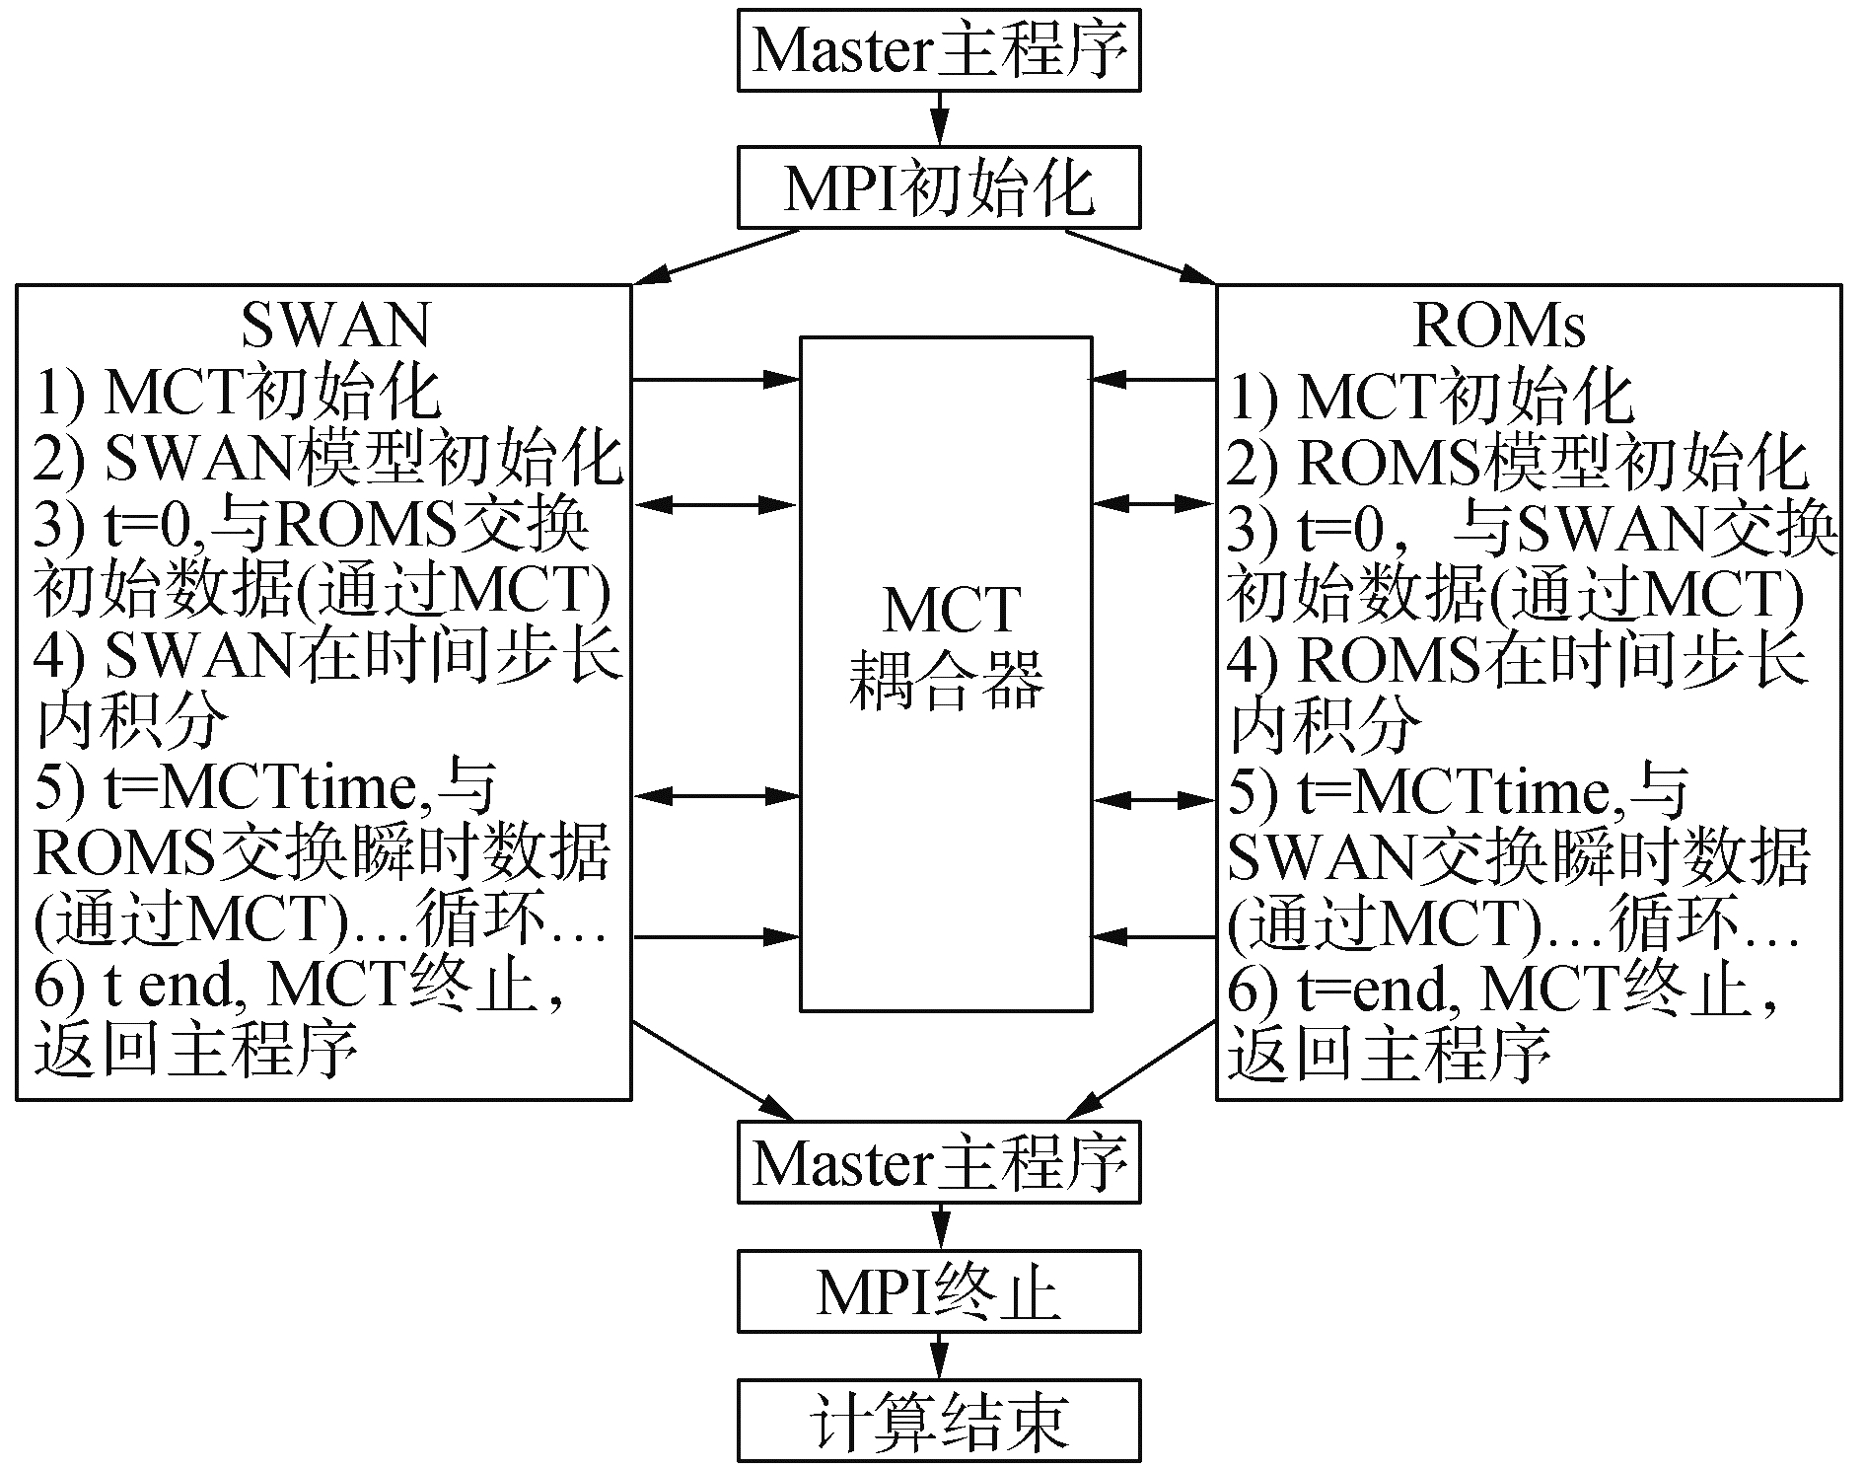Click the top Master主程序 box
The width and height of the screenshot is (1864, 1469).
[x=939, y=50]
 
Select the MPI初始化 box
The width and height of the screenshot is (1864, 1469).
[x=939, y=187]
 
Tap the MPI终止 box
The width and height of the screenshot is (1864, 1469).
[x=939, y=1292]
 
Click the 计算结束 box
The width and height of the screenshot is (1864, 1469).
[x=939, y=1421]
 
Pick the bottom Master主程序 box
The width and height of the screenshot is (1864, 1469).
[x=939, y=1163]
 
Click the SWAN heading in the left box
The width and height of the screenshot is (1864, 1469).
[x=335, y=325]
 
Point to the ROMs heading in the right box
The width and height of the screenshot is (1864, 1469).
[x=1499, y=325]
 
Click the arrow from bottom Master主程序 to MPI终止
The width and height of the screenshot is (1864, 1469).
[x=940, y=1226]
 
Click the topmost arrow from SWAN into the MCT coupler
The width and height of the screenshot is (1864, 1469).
[x=715, y=378]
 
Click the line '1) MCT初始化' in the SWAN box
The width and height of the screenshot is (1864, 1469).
[x=237, y=392]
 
